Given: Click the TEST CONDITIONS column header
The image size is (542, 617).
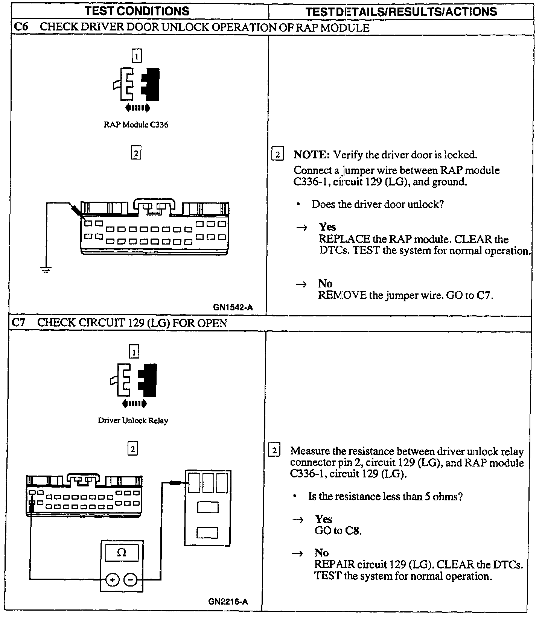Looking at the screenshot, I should [x=137, y=11].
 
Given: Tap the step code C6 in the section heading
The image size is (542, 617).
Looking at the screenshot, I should [x=20, y=27].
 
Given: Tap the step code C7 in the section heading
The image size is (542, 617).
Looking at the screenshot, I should [x=19, y=323].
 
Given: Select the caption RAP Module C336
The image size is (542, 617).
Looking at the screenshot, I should [x=136, y=125].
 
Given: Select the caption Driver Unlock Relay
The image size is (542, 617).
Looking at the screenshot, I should [x=133, y=421].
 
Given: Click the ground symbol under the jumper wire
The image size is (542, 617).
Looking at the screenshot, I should [x=46, y=269].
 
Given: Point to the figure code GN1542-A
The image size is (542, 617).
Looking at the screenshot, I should [x=233, y=307].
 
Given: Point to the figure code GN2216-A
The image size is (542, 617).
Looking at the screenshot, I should [x=228, y=602].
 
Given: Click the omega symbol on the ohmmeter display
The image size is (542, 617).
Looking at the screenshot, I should [x=122, y=553].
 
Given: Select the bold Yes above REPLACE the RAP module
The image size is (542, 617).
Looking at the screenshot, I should [x=327, y=227].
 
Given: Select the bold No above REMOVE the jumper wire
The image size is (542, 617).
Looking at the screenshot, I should [x=325, y=283].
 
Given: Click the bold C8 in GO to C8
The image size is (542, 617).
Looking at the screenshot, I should [x=353, y=531].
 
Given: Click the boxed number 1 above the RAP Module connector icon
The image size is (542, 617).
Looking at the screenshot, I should [x=136, y=56].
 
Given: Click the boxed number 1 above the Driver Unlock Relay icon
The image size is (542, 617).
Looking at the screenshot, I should [x=134, y=352].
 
